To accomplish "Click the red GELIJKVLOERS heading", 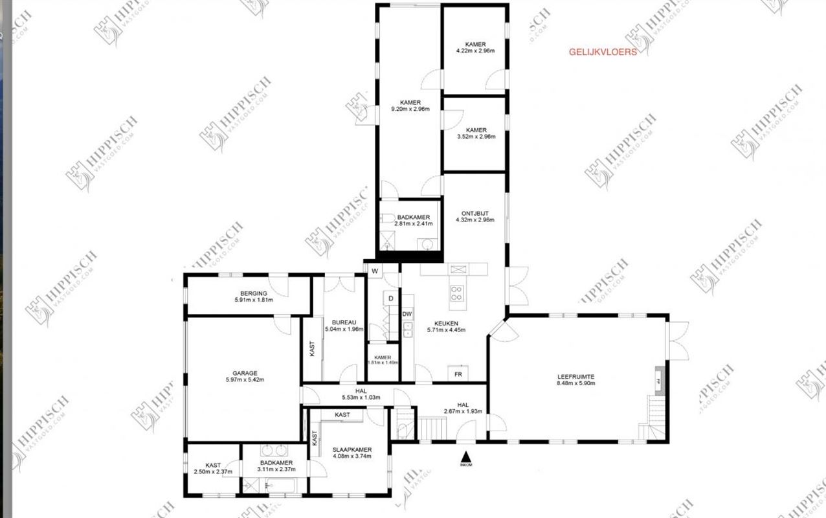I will click(x=602, y=52).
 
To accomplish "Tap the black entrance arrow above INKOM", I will click(x=465, y=456).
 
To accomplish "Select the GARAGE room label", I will click(x=245, y=373).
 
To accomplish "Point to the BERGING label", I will click(x=253, y=293).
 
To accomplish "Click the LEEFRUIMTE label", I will click(x=575, y=376).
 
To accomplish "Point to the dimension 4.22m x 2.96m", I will click(x=475, y=51).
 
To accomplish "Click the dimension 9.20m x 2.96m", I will click(x=410, y=109).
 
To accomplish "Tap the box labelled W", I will click(x=374, y=270).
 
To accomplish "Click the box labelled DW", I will click(x=407, y=314).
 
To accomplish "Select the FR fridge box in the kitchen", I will click(x=458, y=374).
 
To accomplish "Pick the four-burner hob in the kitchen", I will click(x=457, y=293).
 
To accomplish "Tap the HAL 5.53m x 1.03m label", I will click(x=361, y=394).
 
